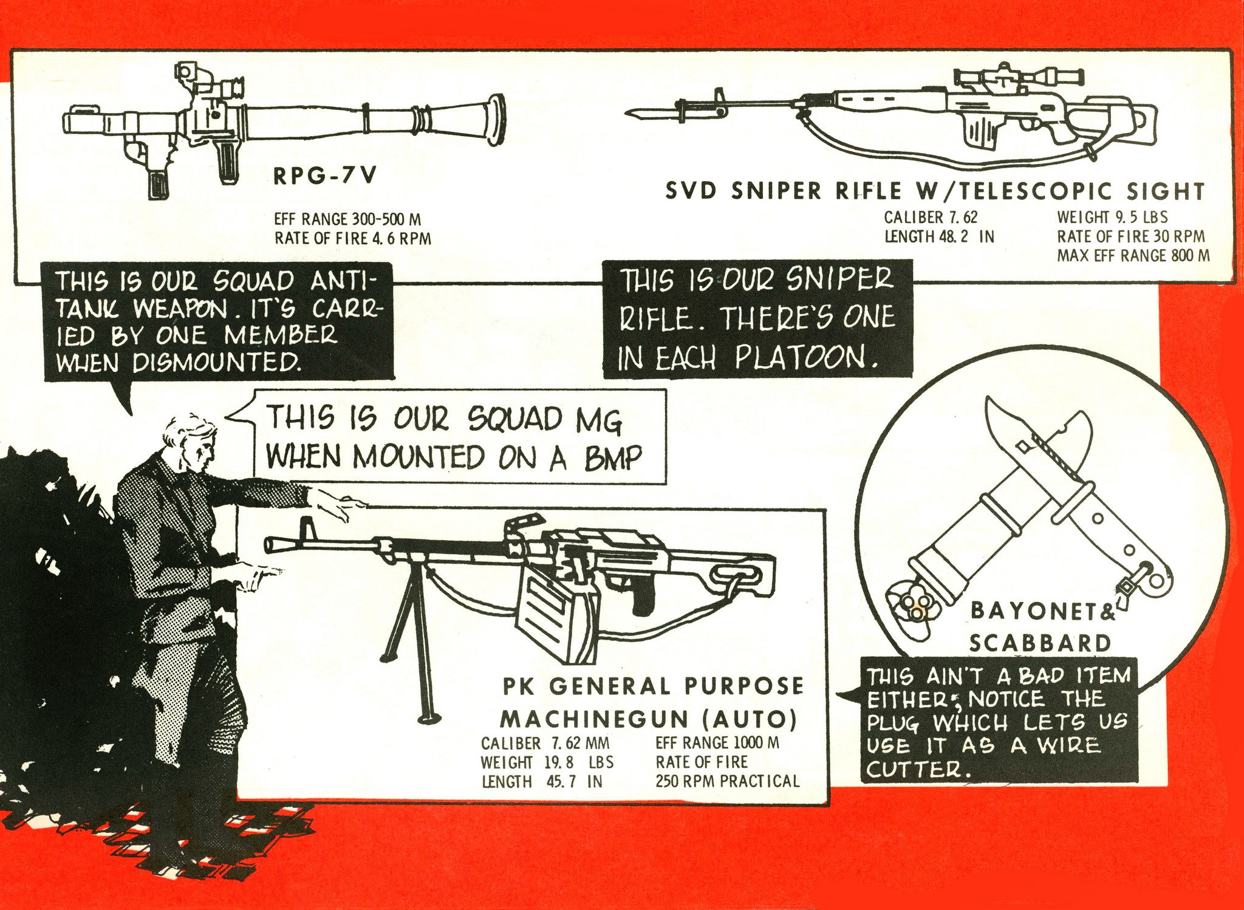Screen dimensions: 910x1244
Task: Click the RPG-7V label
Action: click(x=325, y=176)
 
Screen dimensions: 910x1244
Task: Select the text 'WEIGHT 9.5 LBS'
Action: click(x=1112, y=217)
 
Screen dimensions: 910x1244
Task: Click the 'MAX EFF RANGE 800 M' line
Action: click(x=1133, y=256)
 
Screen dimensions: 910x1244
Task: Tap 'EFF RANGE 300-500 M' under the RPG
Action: click(x=347, y=219)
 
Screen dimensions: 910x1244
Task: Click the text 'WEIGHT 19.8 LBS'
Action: click(x=547, y=762)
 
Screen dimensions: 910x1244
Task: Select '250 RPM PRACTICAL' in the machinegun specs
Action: click(x=727, y=781)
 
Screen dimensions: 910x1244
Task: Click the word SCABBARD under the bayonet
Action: click(x=1039, y=643)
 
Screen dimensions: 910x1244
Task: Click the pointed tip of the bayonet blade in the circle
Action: click(x=989, y=401)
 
